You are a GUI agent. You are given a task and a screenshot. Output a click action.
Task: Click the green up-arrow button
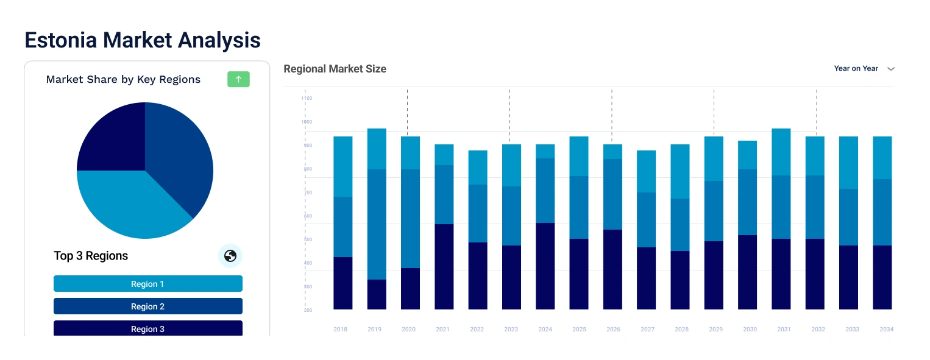pos(238,79)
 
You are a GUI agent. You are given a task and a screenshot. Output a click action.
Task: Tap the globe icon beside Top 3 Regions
pos(230,256)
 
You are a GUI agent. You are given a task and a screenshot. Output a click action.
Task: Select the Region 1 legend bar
pos(148,284)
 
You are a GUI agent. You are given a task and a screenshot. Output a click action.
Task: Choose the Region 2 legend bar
pos(148,306)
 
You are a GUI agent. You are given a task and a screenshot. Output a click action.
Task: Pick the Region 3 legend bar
pos(148,328)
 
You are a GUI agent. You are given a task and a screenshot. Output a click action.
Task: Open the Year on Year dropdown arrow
pos(890,69)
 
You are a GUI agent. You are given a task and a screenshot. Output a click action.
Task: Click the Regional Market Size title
pos(335,69)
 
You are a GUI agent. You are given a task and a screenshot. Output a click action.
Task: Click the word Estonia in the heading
pos(61,40)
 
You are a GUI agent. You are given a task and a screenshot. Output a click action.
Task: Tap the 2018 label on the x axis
pos(340,330)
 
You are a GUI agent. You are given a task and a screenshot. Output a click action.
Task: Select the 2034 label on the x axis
pos(886,330)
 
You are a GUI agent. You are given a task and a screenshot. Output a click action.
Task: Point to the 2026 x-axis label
pos(613,330)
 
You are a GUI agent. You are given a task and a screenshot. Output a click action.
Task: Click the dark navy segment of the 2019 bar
pos(377,294)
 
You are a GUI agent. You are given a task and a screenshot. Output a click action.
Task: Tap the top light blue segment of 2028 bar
pos(680,171)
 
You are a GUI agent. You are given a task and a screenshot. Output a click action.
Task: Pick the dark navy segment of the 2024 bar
pos(545,266)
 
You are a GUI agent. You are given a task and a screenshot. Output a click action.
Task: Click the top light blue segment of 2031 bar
pos(781,152)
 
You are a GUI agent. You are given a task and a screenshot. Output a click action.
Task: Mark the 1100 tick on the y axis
pos(307,98)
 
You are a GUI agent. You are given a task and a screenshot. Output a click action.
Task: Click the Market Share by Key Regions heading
pos(123,79)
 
